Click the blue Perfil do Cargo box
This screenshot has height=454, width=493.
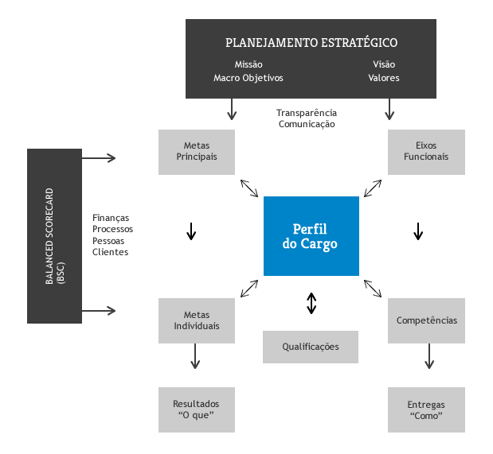[x=311, y=236]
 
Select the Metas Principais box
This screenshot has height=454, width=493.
[x=197, y=152]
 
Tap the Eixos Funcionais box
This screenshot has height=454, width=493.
[x=426, y=152]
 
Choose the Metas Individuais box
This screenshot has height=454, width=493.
[x=197, y=320]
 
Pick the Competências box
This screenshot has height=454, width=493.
[x=426, y=320]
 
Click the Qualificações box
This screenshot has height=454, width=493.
[x=311, y=347]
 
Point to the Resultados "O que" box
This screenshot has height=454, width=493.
[x=197, y=409]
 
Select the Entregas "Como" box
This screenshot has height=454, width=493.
[x=426, y=409]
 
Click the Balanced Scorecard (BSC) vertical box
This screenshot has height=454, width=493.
[x=54, y=236]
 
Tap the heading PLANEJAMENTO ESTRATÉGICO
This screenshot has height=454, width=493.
[x=311, y=43]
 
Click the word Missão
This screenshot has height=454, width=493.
[x=248, y=64]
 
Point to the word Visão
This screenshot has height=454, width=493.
[x=384, y=64]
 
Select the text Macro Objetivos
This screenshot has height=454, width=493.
[x=248, y=78]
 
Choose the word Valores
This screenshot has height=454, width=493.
[x=384, y=78]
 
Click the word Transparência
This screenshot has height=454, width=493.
[x=307, y=113]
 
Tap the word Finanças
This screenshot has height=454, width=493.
[x=111, y=218]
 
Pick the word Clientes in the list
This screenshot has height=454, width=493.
[x=110, y=251]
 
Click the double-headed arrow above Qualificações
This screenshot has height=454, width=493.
[x=311, y=303]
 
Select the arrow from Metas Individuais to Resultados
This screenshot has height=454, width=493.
[x=196, y=356]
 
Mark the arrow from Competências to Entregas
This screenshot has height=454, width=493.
[x=429, y=356]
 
